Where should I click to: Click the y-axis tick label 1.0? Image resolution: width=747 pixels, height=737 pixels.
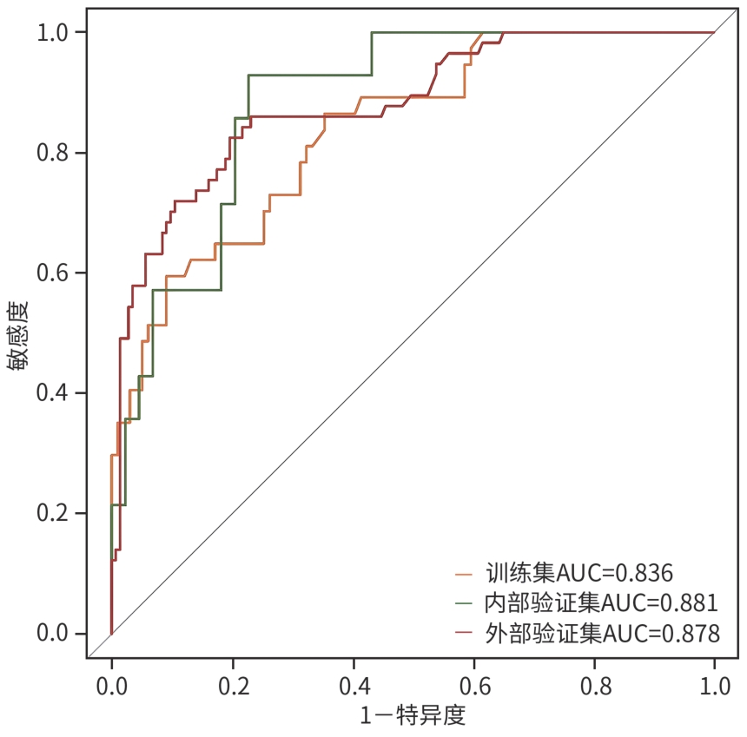coord(55,33)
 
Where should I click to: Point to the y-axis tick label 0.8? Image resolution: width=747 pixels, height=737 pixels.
coord(55,153)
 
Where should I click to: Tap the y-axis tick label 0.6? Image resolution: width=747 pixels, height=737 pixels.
coord(55,273)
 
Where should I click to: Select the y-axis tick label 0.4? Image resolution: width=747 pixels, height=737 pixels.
coord(55,393)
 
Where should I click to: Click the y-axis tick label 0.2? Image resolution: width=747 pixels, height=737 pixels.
coord(55,514)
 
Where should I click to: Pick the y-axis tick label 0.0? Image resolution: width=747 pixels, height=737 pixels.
coord(55,634)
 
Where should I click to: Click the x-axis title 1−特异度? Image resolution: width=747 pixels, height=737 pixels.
coord(413,717)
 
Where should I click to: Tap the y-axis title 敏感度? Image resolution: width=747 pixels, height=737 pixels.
coord(19,335)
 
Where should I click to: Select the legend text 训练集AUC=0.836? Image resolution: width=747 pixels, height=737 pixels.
coord(579,573)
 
